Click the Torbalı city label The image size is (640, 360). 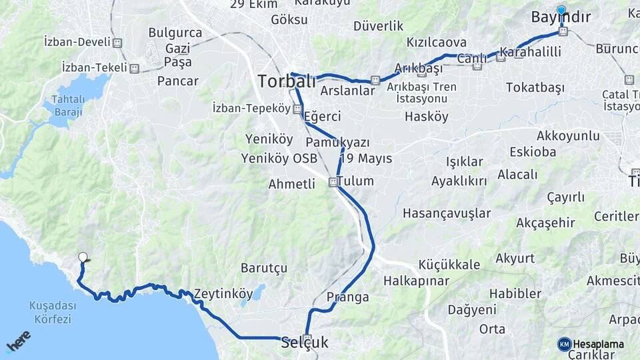click(x=286, y=81)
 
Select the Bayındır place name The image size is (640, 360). click(x=560, y=17)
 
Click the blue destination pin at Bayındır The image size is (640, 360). click(x=561, y=11)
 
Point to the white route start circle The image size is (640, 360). click(x=83, y=257)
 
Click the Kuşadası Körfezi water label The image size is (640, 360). click(x=50, y=312)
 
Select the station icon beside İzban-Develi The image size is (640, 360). click(x=118, y=43)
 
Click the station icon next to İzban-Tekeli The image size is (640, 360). click(x=135, y=68)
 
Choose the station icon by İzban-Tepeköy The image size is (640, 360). click(x=297, y=109)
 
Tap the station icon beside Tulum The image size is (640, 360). click(x=333, y=182)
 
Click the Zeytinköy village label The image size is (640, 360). click(x=223, y=293)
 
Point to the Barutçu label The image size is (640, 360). click(x=263, y=268)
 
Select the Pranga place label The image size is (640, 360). click(x=348, y=297)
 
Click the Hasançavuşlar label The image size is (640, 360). click(x=446, y=213)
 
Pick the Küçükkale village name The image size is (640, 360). click(x=449, y=265)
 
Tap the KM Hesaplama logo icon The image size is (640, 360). click(x=565, y=344)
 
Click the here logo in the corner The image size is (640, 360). click(x=18, y=341)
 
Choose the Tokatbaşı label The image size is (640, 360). click(x=535, y=87)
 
